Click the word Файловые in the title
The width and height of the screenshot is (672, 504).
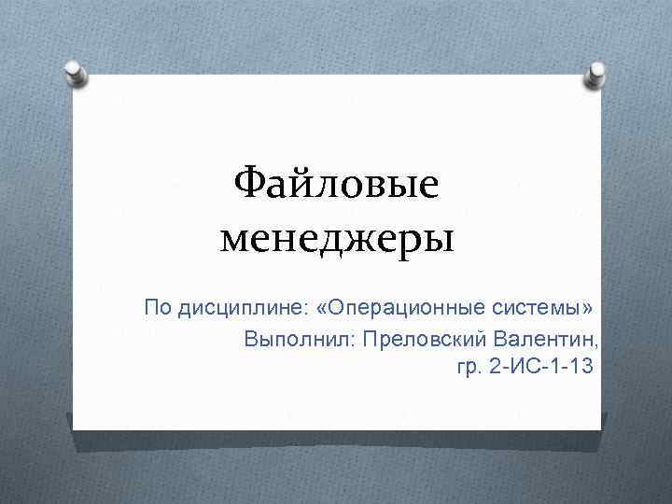[336, 185]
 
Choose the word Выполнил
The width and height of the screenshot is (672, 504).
[294, 337]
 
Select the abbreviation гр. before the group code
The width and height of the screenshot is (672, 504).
[469, 367]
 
